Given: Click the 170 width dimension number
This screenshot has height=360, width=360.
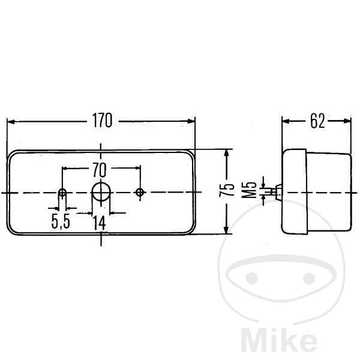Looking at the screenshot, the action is pyautogui.click(x=102, y=121).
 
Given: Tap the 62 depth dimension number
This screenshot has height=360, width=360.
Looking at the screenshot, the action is pyautogui.click(x=317, y=121).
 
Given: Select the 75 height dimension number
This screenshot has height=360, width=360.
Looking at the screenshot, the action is pyautogui.click(x=227, y=190).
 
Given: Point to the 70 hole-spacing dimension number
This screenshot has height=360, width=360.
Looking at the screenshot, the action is pyautogui.click(x=100, y=170).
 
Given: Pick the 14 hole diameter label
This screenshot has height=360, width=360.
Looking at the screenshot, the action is pyautogui.click(x=99, y=223).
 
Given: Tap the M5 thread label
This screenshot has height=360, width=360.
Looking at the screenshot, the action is pyautogui.click(x=249, y=190).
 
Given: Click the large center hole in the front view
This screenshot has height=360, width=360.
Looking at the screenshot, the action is pyautogui.click(x=101, y=192).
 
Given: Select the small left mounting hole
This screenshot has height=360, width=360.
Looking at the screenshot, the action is pyautogui.click(x=62, y=193).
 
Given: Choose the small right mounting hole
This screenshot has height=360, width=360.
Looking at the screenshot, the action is pyautogui.click(x=140, y=192).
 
